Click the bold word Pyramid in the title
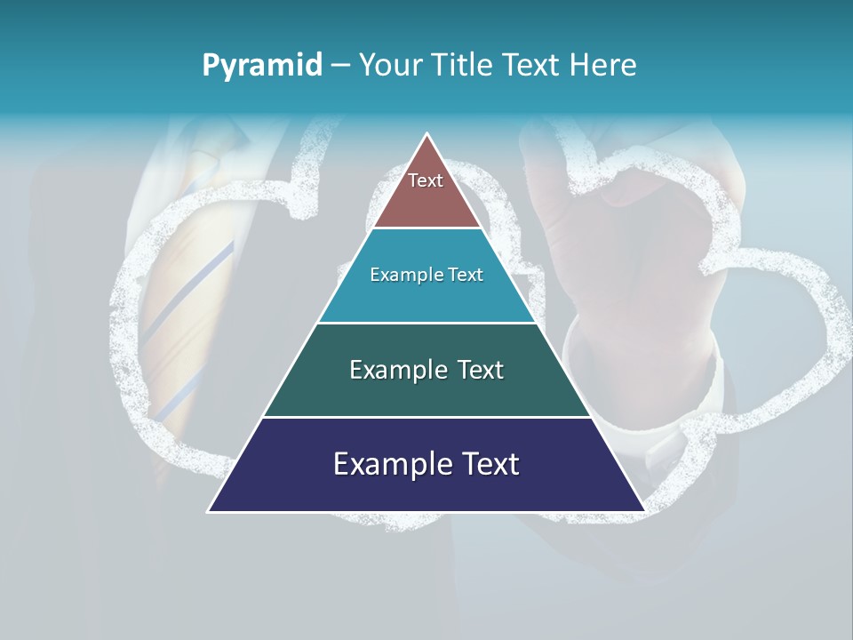(261, 66)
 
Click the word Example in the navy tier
(387, 464)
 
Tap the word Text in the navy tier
(489, 464)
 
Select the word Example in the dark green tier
(395, 370)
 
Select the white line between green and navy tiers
(426, 417)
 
